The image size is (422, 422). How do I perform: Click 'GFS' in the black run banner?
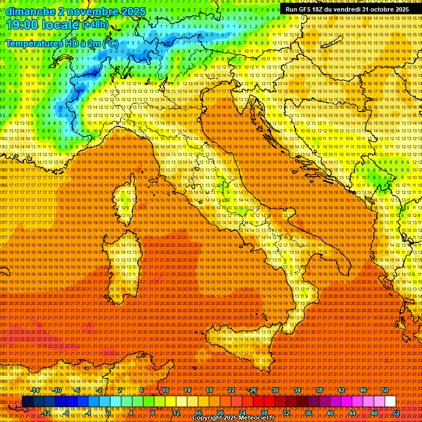pyautogui.click(x=308, y=9)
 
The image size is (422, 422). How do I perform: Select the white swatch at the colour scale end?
pyautogui.click(x=390, y=402)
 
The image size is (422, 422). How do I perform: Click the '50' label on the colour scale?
pyautogui.click(x=385, y=390)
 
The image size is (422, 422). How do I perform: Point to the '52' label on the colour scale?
pyautogui.click(x=396, y=413)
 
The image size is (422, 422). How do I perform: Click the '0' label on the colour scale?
pyautogui.click(x=109, y=413)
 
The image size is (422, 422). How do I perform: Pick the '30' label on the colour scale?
pyautogui.click(x=275, y=390)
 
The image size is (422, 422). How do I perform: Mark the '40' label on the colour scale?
pyautogui.click(x=330, y=413)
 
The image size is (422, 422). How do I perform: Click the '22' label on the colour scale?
pyautogui.click(x=231, y=390)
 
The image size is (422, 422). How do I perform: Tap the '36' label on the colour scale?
pyautogui.click(x=308, y=413)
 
